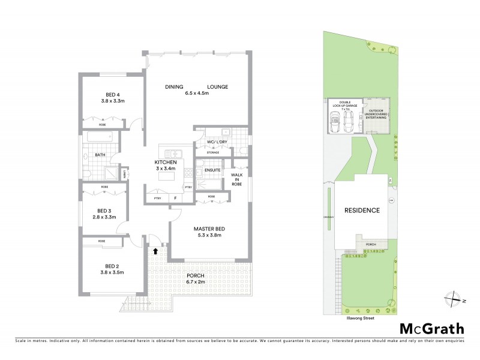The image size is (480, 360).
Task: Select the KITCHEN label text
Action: pos(166,163)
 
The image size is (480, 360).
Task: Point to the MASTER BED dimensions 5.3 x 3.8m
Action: pos(208,235)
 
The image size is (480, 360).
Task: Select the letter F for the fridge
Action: pos(175,197)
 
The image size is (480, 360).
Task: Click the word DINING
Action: pos(175,87)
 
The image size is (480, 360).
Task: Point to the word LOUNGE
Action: pos(218,87)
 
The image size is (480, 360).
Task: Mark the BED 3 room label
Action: pos(105,211)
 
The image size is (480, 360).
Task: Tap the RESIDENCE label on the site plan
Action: pos(362,211)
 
